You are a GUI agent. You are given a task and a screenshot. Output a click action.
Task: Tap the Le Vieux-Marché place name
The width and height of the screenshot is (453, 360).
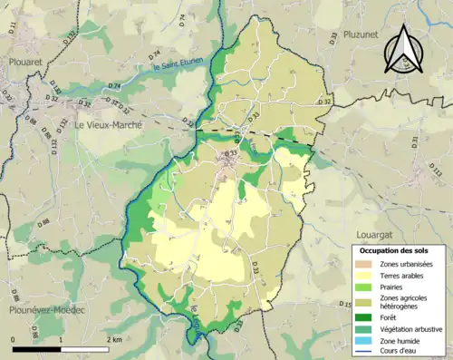[x=108, y=125]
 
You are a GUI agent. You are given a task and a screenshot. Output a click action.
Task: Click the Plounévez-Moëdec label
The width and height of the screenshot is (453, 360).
[x=42, y=310]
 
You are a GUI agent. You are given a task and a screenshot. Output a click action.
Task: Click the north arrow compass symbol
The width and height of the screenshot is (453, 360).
[x=400, y=49]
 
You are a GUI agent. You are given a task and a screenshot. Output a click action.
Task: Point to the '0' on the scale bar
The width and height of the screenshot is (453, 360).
[x=14, y=338]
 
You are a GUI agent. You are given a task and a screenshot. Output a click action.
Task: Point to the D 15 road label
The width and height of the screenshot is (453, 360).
[x=344, y=305]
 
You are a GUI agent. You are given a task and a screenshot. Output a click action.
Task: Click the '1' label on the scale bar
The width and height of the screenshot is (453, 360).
[x=60, y=338]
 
